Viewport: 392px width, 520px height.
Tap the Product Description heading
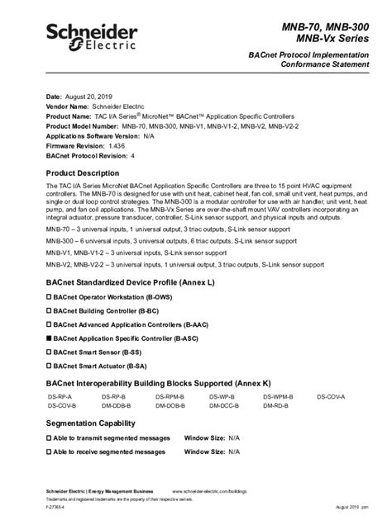pos(88,173)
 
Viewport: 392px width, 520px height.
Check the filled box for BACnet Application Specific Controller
pos(49,338)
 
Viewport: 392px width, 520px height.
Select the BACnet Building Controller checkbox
pos(49,310)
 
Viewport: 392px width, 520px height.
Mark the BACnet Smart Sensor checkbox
pos(49,352)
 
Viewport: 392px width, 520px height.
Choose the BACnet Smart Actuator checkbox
pos(49,366)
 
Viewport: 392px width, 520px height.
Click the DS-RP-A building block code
pos(60,397)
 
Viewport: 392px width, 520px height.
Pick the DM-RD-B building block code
pos(277,406)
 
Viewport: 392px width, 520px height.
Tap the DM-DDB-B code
pos(116,406)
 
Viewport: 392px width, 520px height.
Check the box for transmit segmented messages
pos(49,438)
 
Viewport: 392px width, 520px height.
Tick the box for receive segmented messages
pos(49,452)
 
